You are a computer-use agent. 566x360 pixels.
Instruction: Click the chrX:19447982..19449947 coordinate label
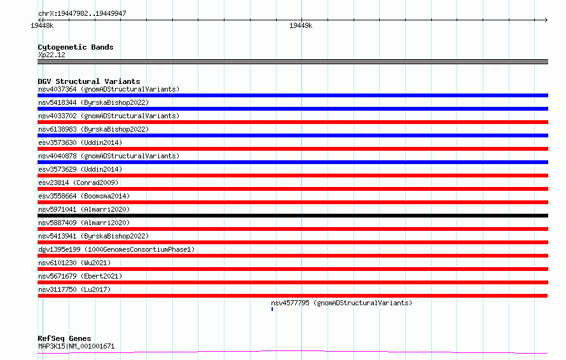tap(82, 14)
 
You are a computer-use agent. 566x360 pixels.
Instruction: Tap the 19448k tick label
tap(42, 25)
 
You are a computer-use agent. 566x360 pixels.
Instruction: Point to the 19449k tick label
tap(301, 25)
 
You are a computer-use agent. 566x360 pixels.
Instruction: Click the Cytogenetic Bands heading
tap(76, 47)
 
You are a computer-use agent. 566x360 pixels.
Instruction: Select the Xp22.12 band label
tap(52, 55)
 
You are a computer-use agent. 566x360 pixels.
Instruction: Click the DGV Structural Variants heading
tap(89, 81)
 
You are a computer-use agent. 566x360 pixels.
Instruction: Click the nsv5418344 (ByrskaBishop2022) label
tap(93, 102)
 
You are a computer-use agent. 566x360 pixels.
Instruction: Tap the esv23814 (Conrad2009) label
tap(78, 183)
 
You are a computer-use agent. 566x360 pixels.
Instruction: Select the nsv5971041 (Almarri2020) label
tap(84, 209)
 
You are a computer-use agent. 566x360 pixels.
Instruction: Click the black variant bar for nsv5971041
tap(293, 216)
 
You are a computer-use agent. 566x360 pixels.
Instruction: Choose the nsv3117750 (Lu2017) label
tap(74, 289)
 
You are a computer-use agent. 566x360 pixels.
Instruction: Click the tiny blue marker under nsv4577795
tap(272, 309)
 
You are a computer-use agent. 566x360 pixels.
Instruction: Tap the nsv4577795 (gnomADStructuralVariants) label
tap(342, 303)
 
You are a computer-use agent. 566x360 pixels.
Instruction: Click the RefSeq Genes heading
tap(64, 338)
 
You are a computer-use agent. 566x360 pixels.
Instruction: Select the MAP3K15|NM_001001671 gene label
tap(76, 346)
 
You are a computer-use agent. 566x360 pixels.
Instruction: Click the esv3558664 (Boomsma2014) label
tap(84, 196)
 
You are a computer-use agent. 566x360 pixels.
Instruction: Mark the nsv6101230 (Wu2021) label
tap(74, 263)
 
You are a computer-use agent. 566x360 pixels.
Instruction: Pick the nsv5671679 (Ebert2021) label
tap(80, 276)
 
